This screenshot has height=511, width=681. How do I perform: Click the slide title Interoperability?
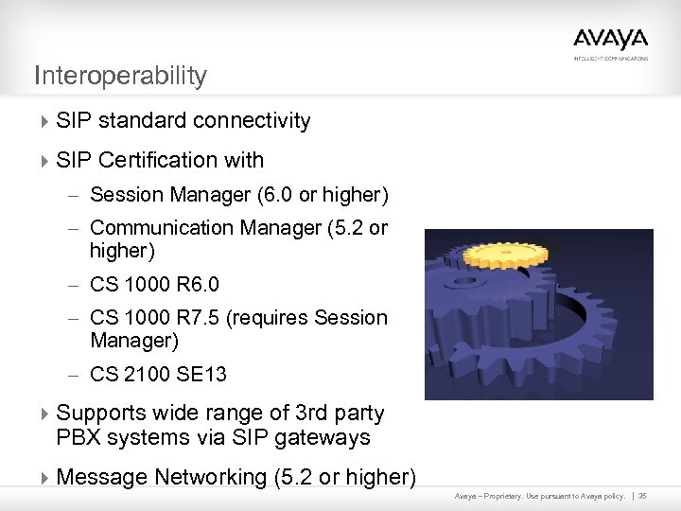pyautogui.click(x=119, y=76)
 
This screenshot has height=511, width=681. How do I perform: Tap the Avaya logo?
pyautogui.click(x=610, y=41)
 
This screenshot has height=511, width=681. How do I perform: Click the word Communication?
pyautogui.click(x=157, y=228)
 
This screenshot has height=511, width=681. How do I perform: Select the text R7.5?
pyautogui.click(x=202, y=318)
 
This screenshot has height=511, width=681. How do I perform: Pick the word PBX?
pyautogui.click(x=77, y=438)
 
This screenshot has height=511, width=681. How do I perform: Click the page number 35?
pyautogui.click(x=642, y=496)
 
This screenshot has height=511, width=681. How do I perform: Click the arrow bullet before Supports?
pyautogui.click(x=45, y=414)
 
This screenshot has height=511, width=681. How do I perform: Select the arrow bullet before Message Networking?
pyautogui.click(x=45, y=478)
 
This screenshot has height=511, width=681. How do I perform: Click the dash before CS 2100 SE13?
pyautogui.click(x=76, y=375)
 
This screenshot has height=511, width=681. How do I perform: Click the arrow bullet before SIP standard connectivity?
pyautogui.click(x=45, y=121)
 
